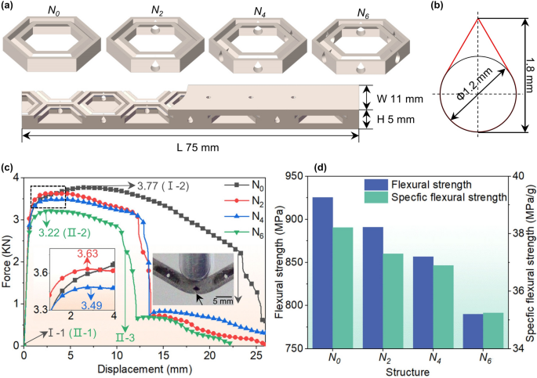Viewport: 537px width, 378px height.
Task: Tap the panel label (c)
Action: click(7, 167)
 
